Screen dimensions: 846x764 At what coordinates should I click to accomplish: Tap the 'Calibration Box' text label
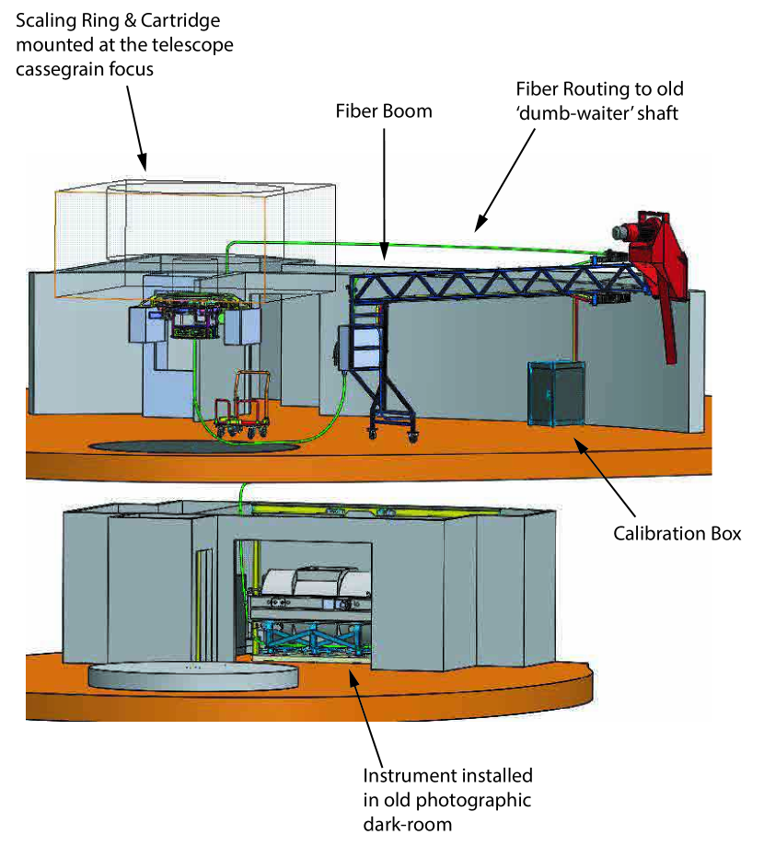677,534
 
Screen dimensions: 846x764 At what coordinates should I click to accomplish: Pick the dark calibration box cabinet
555,393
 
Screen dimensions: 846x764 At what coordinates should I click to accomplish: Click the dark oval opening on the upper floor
193,446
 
